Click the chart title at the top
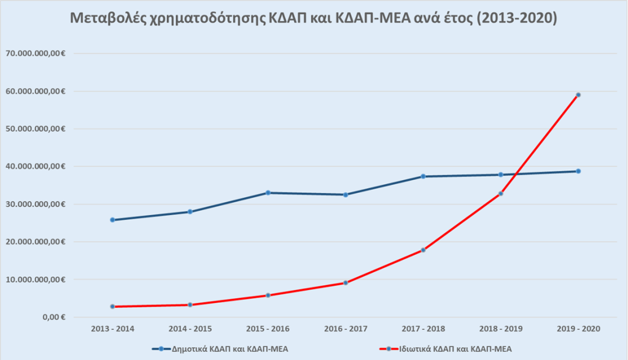(314, 19)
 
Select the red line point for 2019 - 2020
(578, 95)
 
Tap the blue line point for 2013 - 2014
(112, 220)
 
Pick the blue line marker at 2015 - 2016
(268, 193)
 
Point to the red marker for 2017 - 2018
(423, 250)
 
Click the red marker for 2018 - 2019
(501, 194)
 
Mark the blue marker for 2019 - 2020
(578, 171)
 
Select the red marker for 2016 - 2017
(346, 283)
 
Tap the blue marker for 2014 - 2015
(190, 212)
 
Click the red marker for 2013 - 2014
(112, 307)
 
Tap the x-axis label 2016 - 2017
(346, 329)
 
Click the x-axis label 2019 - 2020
(578, 329)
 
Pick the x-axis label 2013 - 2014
(112, 329)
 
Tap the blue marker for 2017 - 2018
(423, 176)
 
